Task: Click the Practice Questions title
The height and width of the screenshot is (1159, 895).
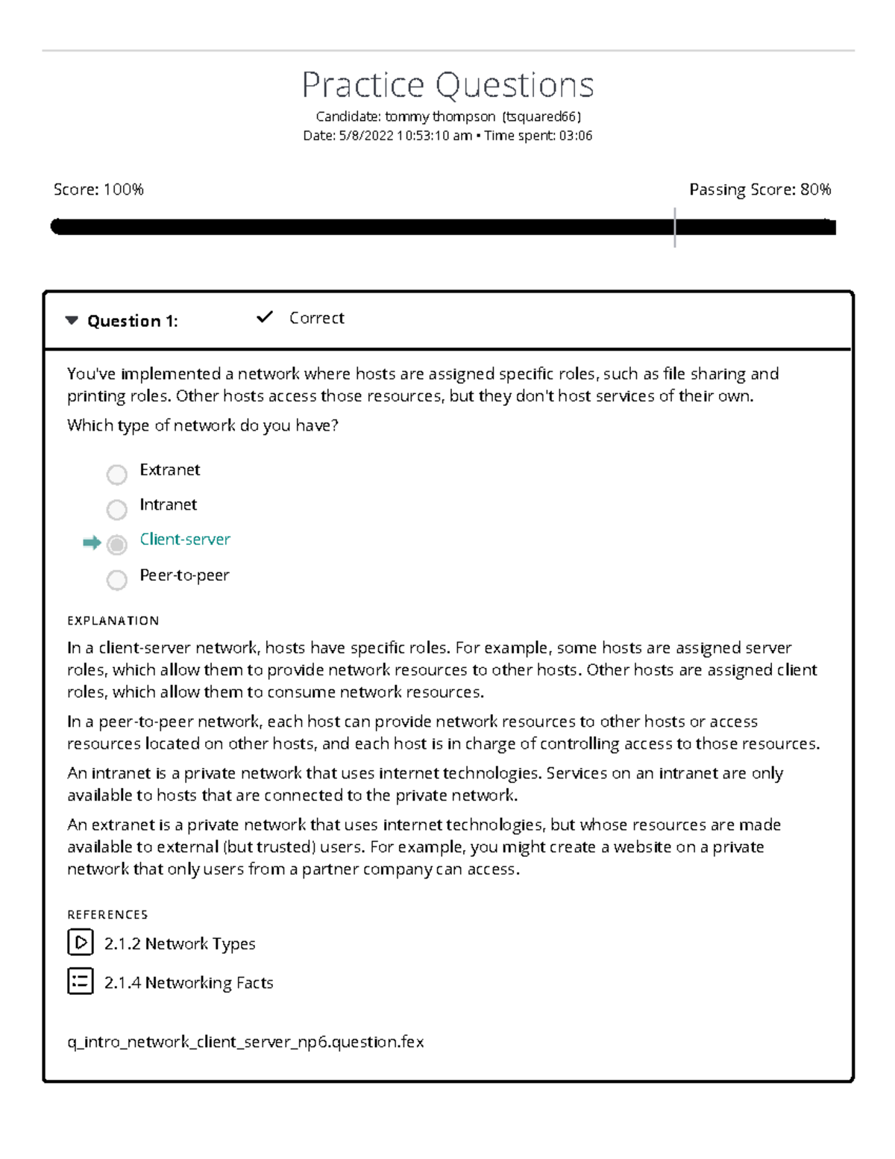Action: tap(447, 85)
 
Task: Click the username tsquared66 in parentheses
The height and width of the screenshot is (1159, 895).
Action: tap(541, 116)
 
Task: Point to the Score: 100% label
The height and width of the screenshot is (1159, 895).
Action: tap(98, 190)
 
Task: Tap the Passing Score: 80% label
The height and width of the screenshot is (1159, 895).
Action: tap(759, 190)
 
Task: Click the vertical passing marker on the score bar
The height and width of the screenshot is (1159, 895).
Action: tap(674, 227)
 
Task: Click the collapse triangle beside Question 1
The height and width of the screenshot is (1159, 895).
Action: tap(72, 321)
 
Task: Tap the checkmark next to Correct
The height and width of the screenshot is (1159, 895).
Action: tap(264, 317)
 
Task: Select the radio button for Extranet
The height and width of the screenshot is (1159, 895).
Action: tap(116, 474)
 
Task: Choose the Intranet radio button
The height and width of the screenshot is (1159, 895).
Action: tap(116, 509)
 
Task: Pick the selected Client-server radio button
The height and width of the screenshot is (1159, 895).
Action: tap(116, 545)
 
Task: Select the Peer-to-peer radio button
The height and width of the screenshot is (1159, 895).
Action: tap(116, 580)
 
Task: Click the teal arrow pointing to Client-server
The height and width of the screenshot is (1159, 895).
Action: tap(92, 543)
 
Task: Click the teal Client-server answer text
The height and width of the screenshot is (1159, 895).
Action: tap(185, 540)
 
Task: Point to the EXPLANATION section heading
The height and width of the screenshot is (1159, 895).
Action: tap(113, 621)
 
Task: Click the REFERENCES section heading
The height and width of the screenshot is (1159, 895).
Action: tap(107, 915)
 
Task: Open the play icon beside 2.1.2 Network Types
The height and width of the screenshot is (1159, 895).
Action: tap(80, 943)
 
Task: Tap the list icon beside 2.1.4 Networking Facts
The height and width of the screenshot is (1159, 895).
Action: tap(80, 981)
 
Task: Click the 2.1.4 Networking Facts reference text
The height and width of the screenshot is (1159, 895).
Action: tap(189, 983)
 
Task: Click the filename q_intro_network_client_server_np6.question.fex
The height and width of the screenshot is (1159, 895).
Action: tap(245, 1042)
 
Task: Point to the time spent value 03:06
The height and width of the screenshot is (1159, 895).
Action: tap(576, 136)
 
